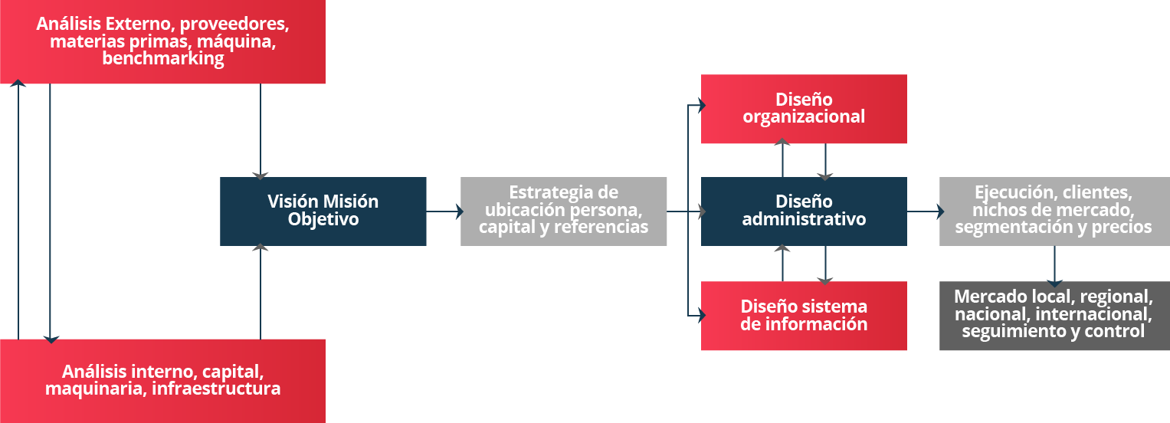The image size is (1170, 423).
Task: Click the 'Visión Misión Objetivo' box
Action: (323, 211)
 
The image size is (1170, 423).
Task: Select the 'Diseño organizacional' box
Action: (804, 109)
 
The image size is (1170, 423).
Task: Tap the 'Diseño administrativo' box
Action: (804, 211)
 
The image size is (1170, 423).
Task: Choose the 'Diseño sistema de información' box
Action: (804, 316)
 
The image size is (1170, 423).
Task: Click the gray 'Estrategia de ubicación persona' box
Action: (564, 211)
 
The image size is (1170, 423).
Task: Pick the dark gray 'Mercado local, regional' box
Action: (1054, 316)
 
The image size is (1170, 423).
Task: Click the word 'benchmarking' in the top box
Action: (163, 58)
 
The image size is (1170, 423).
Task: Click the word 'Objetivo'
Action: (323, 219)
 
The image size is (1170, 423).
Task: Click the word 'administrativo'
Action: (804, 219)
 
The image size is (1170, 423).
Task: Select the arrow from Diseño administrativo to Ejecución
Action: (926, 211)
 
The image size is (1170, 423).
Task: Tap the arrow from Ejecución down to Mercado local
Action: (1054, 267)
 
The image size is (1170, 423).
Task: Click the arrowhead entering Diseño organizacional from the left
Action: (703, 106)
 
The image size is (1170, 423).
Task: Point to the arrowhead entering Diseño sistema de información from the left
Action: (703, 316)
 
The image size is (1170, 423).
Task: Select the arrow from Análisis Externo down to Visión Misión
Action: (260, 132)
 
